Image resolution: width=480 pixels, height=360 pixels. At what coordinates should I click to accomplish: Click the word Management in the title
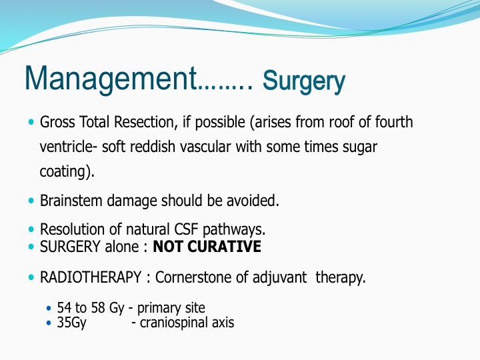coord(111,79)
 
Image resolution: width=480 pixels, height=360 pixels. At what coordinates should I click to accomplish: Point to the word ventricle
coord(66,147)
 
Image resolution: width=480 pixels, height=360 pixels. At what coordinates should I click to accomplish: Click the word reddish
coord(153,147)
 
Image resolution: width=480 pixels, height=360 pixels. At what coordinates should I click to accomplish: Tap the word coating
coord(63,171)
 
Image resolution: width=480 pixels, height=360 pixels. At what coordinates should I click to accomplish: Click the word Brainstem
coord(71,201)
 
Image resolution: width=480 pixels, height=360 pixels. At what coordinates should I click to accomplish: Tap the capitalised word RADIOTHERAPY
coord(91,277)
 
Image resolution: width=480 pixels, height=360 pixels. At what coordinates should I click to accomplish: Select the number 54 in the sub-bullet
coord(64,308)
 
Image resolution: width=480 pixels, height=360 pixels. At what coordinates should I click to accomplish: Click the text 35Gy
coord(71,323)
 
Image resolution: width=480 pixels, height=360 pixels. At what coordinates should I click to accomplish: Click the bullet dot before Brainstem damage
coord(31,201)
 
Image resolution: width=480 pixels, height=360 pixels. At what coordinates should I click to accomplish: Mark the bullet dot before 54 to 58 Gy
coord(49,308)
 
